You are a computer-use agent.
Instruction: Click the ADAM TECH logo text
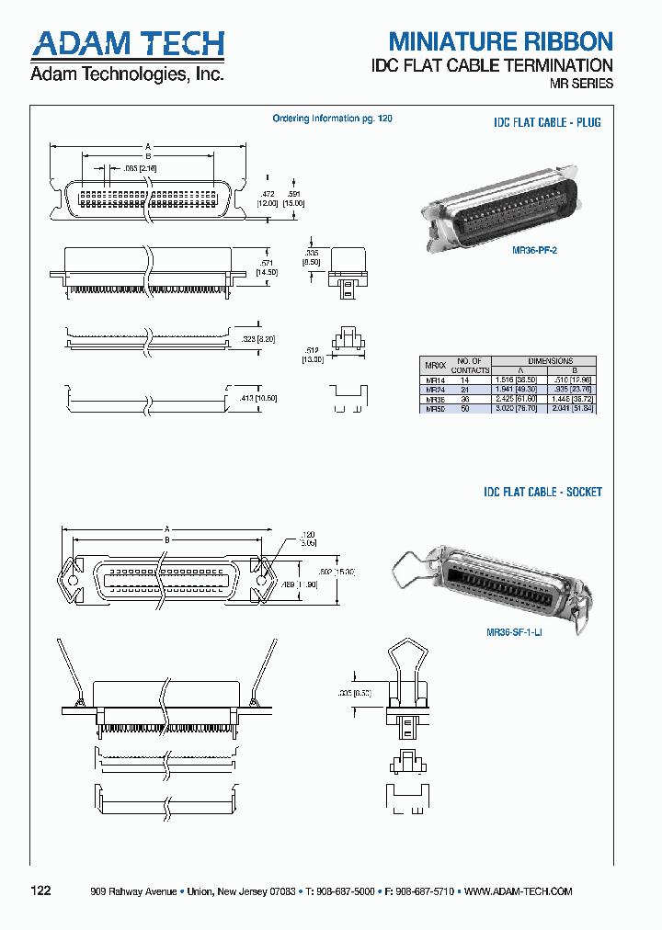point(127,43)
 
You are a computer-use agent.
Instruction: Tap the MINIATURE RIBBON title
point(500,41)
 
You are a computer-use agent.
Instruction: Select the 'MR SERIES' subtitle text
point(581,84)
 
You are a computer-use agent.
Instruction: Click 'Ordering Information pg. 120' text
point(333,119)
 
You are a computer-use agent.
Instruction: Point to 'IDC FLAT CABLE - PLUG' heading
point(547,122)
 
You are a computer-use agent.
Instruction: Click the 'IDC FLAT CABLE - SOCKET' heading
point(542,493)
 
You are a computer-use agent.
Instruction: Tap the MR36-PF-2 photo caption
point(535,249)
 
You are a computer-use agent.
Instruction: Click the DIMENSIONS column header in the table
point(550,361)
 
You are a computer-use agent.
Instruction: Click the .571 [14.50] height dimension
point(268,266)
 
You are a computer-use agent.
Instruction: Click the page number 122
point(41,890)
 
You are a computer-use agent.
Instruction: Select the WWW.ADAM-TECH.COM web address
point(519,891)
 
